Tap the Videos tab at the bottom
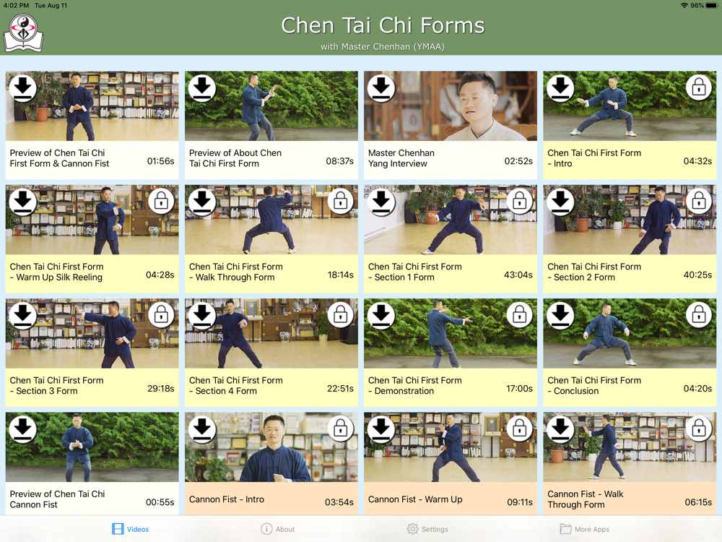click(131, 529)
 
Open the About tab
click(278, 529)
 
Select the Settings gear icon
click(412, 529)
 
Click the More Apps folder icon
click(566, 529)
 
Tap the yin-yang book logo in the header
click(24, 33)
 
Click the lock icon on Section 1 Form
click(519, 201)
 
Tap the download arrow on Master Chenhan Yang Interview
click(380, 87)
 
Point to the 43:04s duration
click(518, 275)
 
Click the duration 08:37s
click(340, 161)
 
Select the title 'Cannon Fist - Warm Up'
click(415, 499)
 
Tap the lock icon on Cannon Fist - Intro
click(340, 429)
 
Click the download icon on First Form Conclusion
click(560, 315)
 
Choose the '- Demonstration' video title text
click(401, 391)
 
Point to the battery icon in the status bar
click(712, 6)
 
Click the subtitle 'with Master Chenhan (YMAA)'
click(383, 46)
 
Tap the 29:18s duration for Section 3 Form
click(161, 389)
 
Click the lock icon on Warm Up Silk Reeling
click(161, 201)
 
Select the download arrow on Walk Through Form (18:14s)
click(201, 202)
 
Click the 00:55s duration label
click(160, 502)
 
